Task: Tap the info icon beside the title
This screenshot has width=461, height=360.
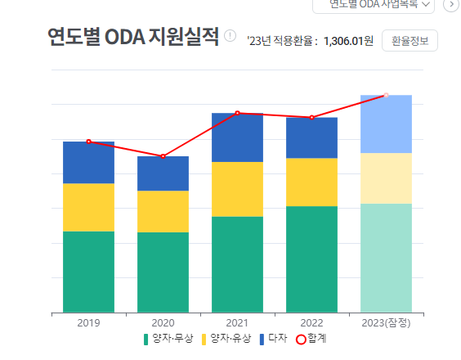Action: (230, 37)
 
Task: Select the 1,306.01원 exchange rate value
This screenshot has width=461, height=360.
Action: (348, 41)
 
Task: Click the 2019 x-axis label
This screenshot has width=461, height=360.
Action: (88, 322)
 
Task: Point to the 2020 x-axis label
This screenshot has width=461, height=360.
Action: (163, 322)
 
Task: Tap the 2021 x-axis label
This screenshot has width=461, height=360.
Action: (237, 322)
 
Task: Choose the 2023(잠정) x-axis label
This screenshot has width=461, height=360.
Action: (386, 322)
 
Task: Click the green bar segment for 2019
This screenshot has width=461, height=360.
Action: (88, 272)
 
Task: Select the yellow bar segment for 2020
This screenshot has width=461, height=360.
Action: (163, 211)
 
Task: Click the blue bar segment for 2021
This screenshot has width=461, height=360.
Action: (237, 137)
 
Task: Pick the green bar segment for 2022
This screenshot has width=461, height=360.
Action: (311, 259)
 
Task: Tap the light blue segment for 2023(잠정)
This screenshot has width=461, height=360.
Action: (386, 124)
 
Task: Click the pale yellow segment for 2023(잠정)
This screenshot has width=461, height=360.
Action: (386, 178)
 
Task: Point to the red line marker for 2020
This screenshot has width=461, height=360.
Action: (163, 156)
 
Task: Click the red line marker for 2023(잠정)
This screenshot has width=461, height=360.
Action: (386, 95)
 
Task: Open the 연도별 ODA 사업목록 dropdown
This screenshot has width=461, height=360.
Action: (374, 4)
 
